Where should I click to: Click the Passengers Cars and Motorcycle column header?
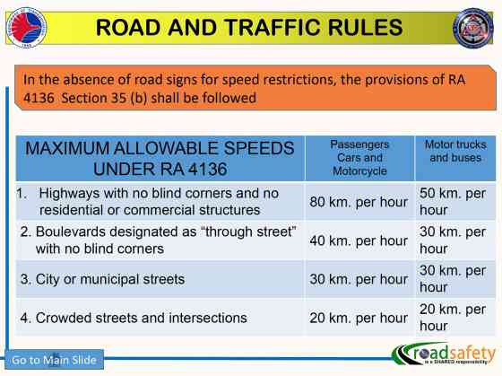(359, 157)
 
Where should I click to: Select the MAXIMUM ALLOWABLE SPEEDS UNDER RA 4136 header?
(160, 157)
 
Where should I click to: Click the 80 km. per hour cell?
(358, 202)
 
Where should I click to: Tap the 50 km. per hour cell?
(453, 202)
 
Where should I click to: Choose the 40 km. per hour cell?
(358, 240)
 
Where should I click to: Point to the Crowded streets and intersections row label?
(134, 318)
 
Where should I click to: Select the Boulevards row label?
(158, 240)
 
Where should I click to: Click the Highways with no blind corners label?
(153, 202)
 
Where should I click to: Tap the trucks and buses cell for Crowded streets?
(453, 318)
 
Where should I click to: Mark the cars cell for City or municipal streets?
(358, 279)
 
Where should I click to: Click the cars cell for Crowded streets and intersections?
(358, 318)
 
